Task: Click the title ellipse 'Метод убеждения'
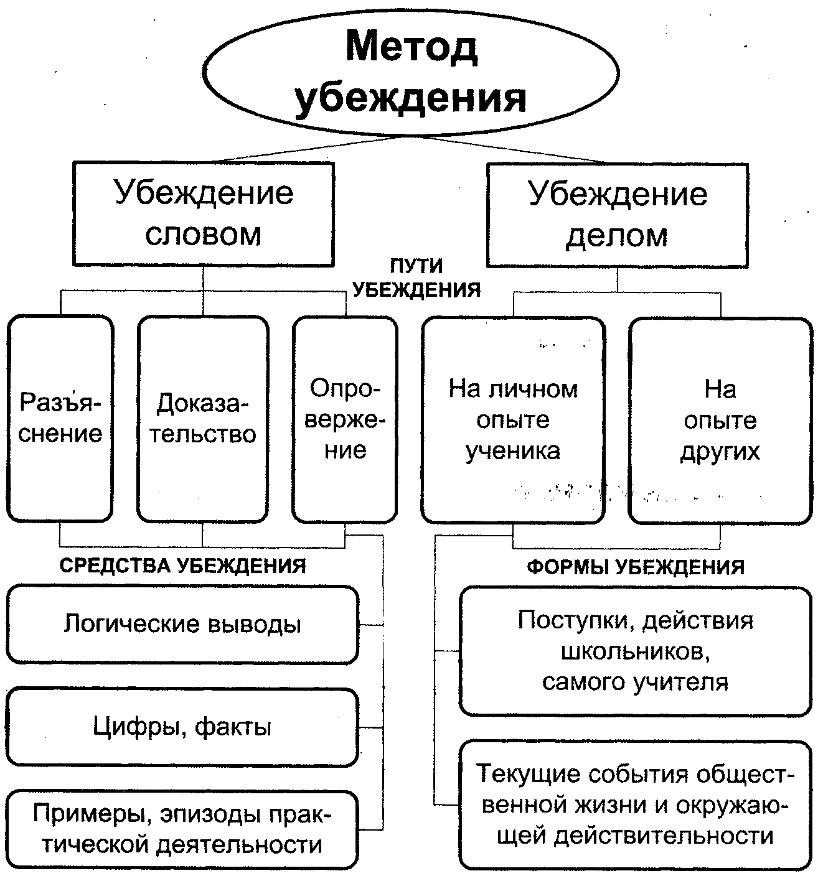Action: point(411,73)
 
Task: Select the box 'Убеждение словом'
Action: point(204,213)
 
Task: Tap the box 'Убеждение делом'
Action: point(617,215)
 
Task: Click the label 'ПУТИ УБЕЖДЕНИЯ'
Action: point(416,277)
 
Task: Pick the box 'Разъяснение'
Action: point(60,418)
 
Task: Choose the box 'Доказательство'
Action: point(203,418)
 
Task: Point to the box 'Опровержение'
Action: point(345,418)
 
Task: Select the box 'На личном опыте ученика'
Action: point(513,420)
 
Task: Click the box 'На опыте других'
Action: point(720,420)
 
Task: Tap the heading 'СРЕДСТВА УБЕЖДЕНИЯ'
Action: point(183,566)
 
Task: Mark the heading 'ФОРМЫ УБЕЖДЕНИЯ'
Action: point(636,567)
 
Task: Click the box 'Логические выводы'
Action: point(182,624)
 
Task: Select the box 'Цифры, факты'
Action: point(182,727)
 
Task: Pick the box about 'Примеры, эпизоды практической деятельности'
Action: point(182,829)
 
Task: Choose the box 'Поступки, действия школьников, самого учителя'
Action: point(636,651)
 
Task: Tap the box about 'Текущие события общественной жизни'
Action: point(636,804)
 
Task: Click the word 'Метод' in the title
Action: point(411,48)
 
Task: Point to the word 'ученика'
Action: point(513,450)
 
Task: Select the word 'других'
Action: point(720,450)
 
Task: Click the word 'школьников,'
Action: point(636,651)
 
